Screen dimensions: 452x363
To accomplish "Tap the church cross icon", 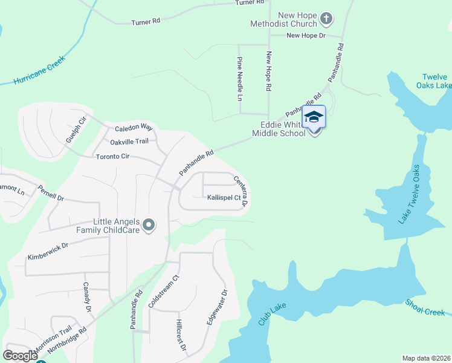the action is coord(326,19).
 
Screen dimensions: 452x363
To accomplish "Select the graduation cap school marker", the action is coord(314,116).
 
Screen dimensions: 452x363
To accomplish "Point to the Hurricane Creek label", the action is coord(40,71).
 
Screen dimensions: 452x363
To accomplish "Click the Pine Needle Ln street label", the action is coord(240,79).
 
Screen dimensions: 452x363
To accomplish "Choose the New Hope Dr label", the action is coord(306,36).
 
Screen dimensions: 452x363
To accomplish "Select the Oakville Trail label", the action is coord(129,142).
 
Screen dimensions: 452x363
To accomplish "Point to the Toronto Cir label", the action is coord(113,156).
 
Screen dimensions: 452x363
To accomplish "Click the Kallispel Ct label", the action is coord(224,197).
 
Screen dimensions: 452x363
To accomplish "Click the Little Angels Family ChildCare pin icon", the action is coord(150,226).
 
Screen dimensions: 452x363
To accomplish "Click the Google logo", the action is coord(21,356).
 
